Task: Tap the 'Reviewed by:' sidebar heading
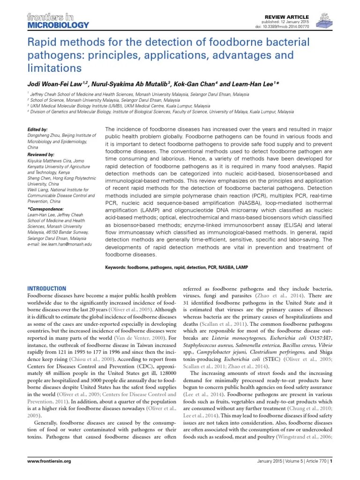pyautogui.click(x=41, y=154)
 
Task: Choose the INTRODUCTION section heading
pyautogui.click(x=47, y=288)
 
